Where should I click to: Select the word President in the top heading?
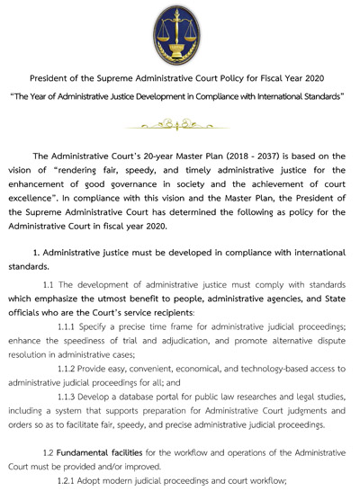(x=52, y=77)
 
